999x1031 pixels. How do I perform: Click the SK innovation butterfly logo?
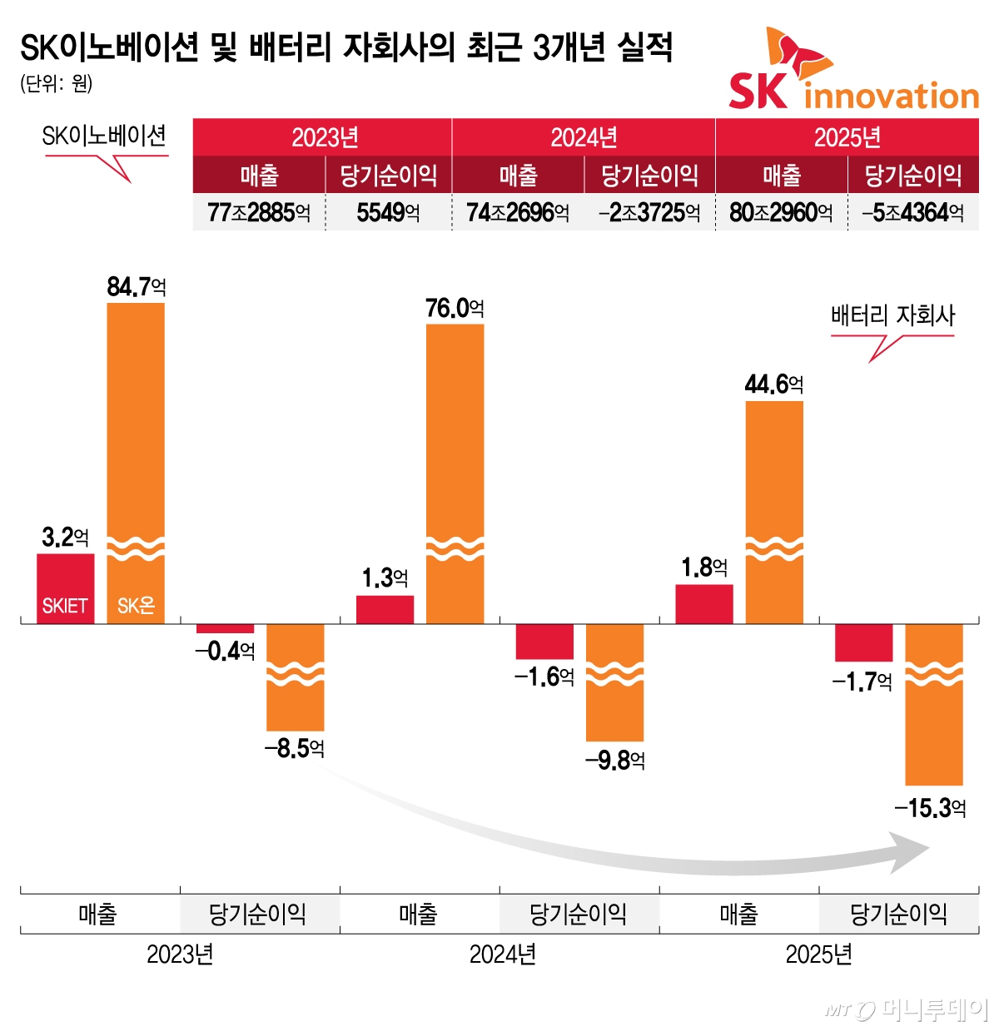798,55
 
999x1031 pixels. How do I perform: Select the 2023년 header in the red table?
323,137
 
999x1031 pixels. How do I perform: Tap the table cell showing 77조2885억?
259,213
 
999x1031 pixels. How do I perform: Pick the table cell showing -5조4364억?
913,213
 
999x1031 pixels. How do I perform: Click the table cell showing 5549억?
388,213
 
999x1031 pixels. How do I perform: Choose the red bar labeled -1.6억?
544,641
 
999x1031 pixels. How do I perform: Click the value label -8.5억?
295,749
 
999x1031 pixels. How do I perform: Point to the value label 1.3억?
385,577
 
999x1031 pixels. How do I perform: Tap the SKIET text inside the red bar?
65,606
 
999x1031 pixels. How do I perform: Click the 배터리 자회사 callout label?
892,316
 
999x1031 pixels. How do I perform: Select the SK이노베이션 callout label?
104,136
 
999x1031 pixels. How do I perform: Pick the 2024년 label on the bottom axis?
502,954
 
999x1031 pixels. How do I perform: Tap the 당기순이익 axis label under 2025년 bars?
898,915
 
